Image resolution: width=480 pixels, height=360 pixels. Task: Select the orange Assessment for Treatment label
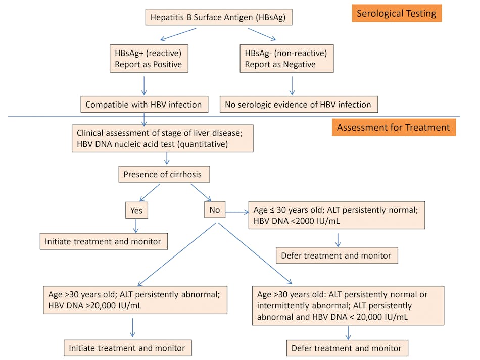pos(393,127)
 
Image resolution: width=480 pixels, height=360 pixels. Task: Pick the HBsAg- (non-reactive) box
pos(286,59)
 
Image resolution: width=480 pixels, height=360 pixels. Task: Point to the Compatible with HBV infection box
pos(143,105)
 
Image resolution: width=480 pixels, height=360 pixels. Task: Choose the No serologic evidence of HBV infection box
pos(299,105)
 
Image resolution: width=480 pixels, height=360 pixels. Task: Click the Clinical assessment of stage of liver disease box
pos(162,139)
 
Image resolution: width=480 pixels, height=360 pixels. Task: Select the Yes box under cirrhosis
pos(136,210)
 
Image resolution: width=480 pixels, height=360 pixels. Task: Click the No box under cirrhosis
pos(214,210)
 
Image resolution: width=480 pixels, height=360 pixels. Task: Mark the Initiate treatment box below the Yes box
pos(103,241)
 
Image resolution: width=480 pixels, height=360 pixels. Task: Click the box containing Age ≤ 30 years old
pos(337,216)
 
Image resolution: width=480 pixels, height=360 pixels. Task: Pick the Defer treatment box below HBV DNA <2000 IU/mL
pos(337,255)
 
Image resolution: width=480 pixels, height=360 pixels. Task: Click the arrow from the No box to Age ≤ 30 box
pos(236,213)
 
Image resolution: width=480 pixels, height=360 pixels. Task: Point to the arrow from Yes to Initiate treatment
pos(135,225)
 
